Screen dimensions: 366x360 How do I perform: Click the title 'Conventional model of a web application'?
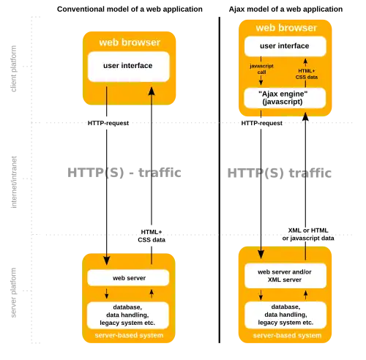[130, 10]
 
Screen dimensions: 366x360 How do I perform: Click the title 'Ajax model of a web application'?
[285, 10]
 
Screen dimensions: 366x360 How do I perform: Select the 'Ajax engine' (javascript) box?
[285, 98]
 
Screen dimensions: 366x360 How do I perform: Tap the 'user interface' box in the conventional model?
[129, 67]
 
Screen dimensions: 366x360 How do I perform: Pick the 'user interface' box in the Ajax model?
[285, 46]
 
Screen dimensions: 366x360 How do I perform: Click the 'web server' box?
[128, 278]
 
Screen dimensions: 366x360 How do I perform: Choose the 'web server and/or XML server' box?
[285, 276]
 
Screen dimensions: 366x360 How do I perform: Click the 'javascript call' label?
[261, 69]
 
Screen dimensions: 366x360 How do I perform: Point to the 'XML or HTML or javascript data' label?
[308, 234]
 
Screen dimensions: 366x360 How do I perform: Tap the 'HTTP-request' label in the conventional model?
[108, 123]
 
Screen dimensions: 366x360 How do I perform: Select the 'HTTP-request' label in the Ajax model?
[261, 123]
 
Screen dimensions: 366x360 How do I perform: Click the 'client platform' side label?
[14, 69]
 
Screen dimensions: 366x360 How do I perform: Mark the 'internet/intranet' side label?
[14, 182]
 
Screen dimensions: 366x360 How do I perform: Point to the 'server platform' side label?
[14, 293]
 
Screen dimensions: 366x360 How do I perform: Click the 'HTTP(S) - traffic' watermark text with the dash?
[124, 173]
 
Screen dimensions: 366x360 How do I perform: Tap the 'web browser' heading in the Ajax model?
[286, 28]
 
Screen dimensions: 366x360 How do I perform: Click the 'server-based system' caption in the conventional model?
[129, 335]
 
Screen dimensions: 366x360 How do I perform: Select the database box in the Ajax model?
[285, 315]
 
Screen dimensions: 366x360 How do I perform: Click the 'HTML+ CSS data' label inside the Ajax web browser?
[307, 74]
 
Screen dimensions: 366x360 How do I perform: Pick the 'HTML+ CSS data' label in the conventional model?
[152, 236]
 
